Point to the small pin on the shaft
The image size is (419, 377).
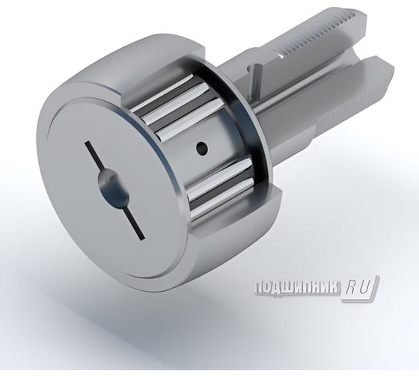point(257,73)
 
